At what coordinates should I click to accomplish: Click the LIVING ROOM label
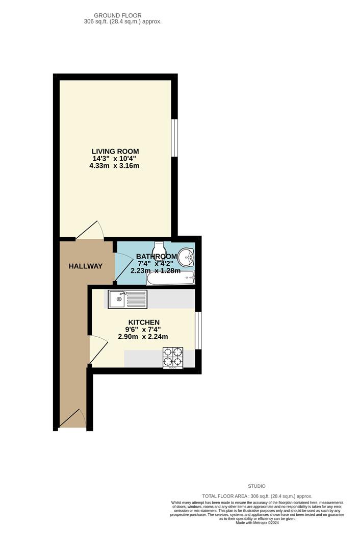115,152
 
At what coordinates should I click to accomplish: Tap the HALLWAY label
86,266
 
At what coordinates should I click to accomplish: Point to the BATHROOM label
157,257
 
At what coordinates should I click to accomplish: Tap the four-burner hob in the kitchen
173,357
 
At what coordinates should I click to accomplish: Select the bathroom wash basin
187,256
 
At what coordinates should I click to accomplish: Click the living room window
174,138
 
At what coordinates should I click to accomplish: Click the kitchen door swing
97,350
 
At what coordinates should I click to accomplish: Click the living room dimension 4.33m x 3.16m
115,166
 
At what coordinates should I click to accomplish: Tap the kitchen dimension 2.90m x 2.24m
143,337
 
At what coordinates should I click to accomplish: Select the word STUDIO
257,486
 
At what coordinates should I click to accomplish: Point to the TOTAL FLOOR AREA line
257,496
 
